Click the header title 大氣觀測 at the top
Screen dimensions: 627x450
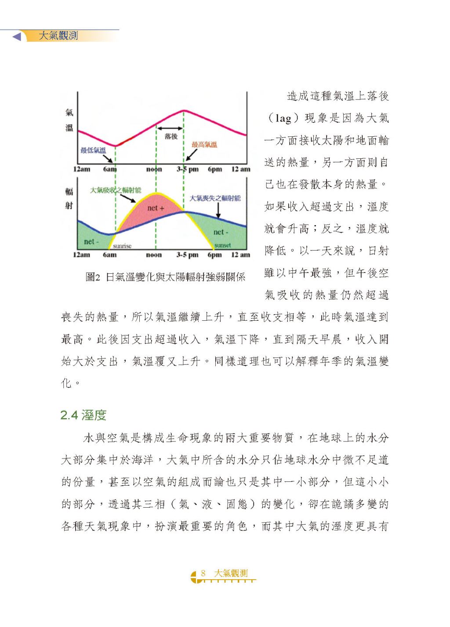point(58,36)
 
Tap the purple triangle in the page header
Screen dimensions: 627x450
point(17,36)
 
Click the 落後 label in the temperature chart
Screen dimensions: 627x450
point(171,136)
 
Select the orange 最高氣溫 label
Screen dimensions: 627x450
point(204,144)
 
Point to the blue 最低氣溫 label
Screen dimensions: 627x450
point(93,150)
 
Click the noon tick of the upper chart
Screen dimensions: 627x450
point(154,169)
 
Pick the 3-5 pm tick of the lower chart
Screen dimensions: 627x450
point(188,254)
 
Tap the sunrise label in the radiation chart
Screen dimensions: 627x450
point(122,246)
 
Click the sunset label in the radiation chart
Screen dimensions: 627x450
point(222,245)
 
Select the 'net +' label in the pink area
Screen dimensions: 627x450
point(156,208)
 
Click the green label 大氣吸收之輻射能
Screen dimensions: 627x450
point(116,190)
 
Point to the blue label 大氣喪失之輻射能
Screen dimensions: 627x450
point(215,198)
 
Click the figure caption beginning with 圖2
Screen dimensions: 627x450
point(165,277)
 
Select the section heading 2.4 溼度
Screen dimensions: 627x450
point(83,415)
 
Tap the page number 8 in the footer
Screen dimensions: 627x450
point(203,573)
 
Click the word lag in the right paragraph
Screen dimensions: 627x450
point(283,118)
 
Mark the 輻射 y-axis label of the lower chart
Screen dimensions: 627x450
point(69,198)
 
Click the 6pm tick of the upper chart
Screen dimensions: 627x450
point(215,169)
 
